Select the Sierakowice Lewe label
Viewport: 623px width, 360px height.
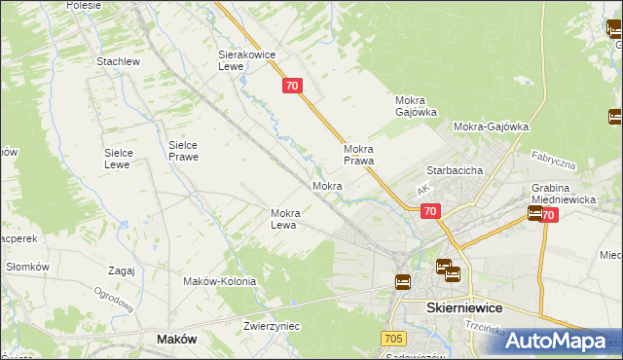242,61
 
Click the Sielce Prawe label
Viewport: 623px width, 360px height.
183,150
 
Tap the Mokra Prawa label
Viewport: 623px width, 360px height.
358,155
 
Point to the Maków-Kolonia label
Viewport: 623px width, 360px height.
219,281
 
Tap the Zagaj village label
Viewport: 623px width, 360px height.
122,271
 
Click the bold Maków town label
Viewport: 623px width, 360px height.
177,339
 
